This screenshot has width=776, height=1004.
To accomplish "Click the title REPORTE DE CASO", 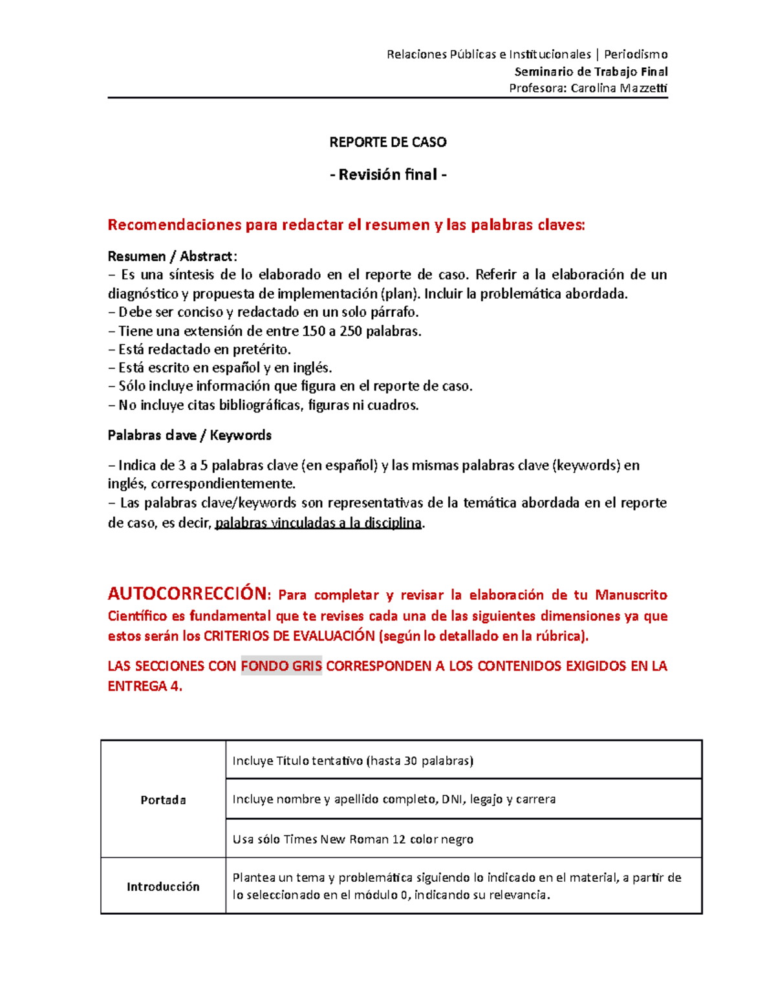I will tap(387, 142).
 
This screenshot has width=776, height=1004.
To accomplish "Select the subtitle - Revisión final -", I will tap(387, 175).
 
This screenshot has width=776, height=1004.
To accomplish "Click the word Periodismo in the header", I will tap(635, 54).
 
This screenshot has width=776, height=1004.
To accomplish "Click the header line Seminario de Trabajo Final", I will tap(590, 72).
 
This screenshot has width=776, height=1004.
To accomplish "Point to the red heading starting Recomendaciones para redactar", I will tap(346, 225).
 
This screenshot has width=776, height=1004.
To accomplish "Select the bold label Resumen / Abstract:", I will tap(172, 257).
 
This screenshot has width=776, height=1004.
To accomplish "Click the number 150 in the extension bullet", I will tap(314, 332).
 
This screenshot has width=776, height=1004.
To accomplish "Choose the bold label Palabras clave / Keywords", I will tap(189, 435).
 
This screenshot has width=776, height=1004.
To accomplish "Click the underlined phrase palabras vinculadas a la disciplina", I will tap(318, 523).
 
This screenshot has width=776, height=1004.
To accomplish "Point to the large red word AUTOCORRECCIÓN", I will tap(188, 593).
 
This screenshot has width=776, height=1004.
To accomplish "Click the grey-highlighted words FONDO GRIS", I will tap(281, 666).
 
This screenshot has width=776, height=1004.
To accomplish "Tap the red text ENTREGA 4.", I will tap(145, 687).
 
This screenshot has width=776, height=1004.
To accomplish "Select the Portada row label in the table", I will tap(163, 800).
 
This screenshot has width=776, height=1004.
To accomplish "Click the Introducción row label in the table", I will tap(163, 886).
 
